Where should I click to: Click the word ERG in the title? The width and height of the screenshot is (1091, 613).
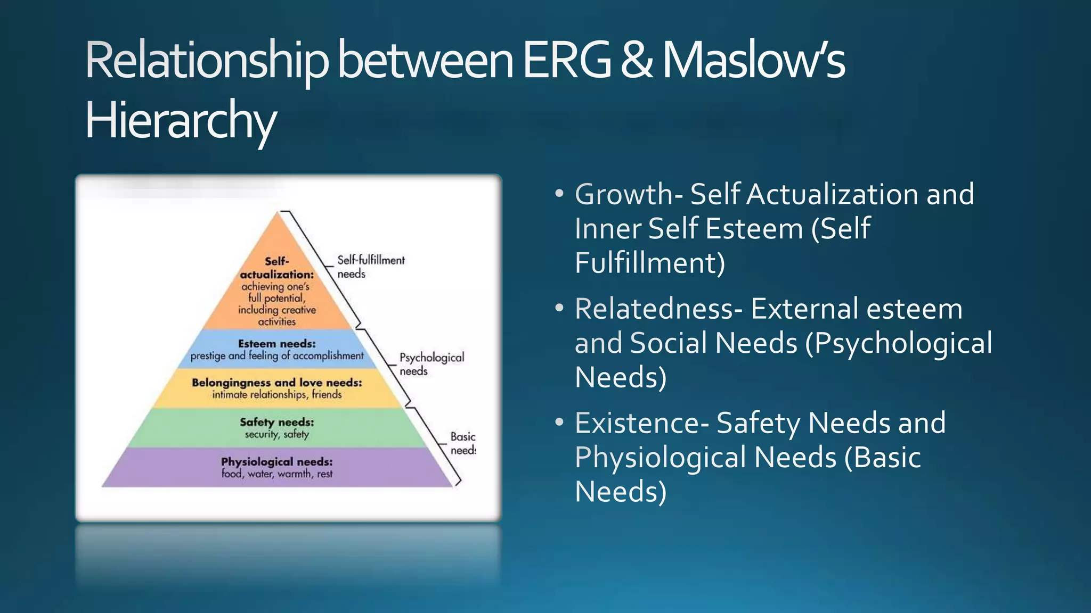coord(566,61)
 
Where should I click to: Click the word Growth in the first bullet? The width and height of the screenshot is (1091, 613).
coord(624,194)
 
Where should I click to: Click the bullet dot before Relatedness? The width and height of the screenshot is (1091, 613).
coord(559,308)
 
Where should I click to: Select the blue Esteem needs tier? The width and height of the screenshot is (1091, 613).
coord(277,349)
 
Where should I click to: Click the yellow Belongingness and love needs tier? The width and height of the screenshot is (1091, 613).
coord(277,388)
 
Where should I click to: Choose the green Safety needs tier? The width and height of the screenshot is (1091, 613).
coord(277,428)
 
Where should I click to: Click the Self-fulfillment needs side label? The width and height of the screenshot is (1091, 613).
coord(371,267)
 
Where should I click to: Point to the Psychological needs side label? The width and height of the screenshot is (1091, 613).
coord(431,364)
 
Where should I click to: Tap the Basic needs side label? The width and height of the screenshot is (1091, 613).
coord(462,443)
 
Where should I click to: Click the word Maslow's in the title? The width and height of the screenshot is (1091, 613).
coord(753,61)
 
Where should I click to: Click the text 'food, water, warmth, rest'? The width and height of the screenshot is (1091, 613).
coord(277,474)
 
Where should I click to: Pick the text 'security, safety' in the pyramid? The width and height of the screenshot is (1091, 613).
coord(277,434)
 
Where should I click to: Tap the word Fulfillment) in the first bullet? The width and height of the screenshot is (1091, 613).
coord(650,263)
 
